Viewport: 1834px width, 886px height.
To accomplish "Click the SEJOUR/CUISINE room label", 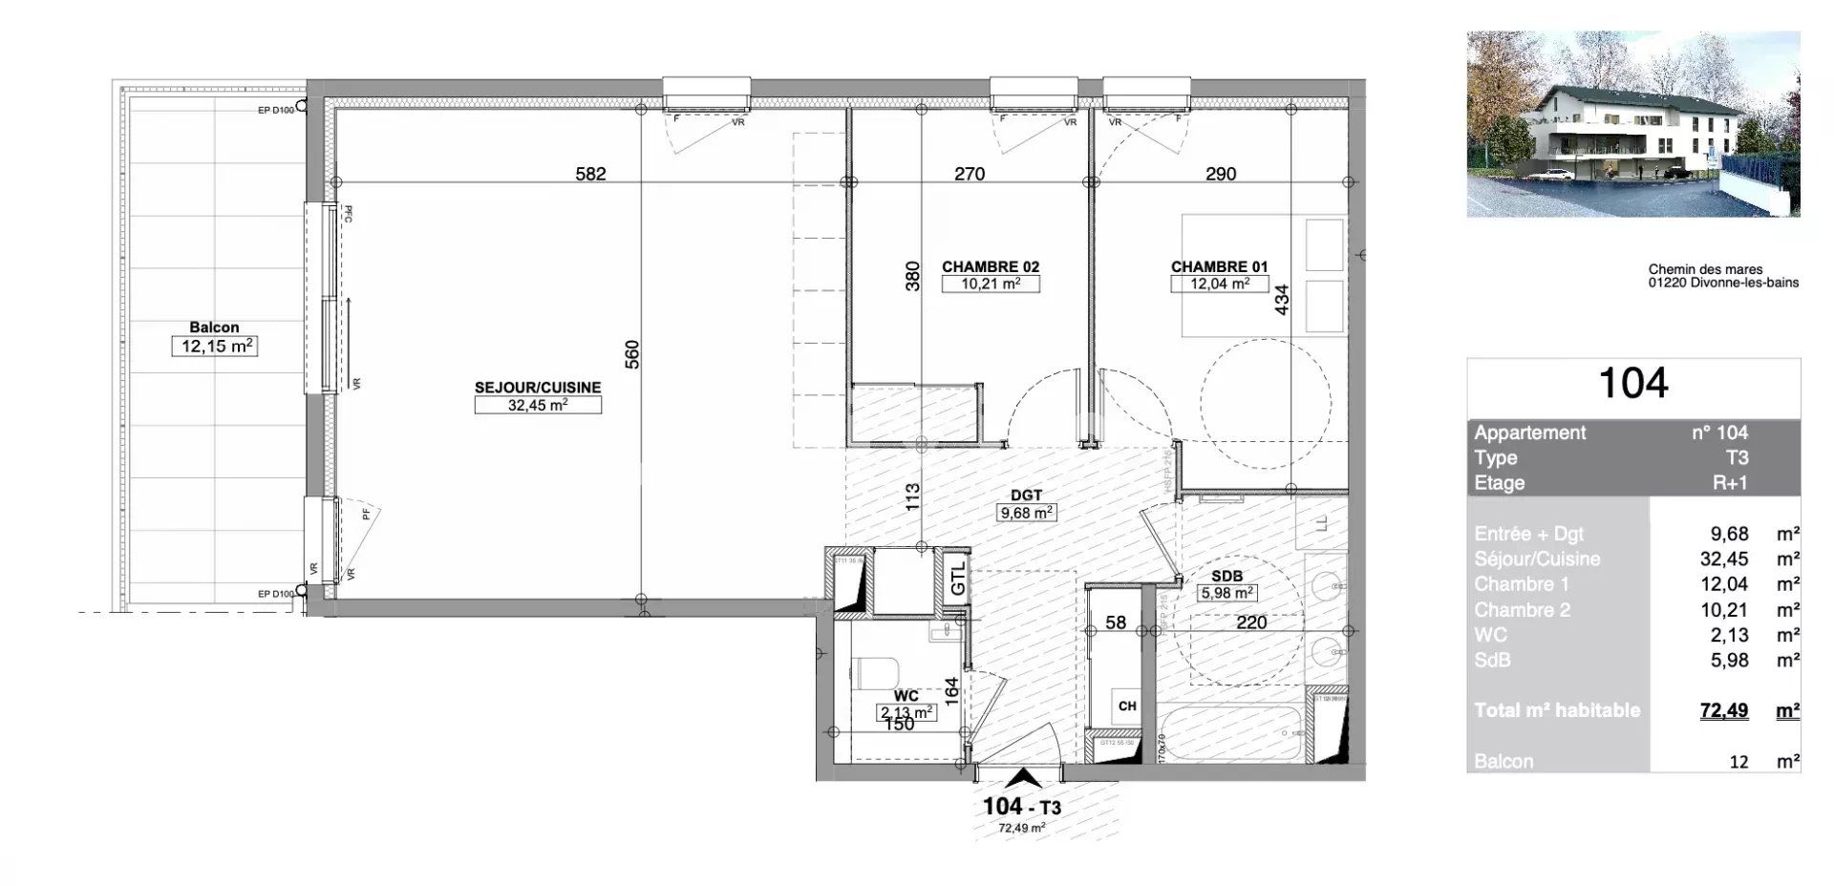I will click(538, 388).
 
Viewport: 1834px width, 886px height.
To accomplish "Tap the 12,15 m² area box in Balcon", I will click(215, 346).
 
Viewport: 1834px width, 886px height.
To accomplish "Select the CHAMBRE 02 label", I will click(991, 267).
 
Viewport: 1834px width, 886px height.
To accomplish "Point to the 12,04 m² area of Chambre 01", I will click(1219, 285).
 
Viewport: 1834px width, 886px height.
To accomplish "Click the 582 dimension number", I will click(590, 174).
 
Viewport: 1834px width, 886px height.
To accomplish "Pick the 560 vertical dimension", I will click(631, 354).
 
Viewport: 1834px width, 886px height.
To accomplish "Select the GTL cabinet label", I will click(958, 580).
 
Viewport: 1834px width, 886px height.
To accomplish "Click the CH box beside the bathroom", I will click(1127, 707).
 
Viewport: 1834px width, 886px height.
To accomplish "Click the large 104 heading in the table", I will click(1633, 384).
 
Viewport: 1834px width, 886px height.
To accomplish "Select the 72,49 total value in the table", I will click(1723, 710).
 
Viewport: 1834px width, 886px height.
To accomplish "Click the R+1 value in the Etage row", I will click(1729, 483).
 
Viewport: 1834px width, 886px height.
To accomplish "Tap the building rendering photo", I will click(1632, 124).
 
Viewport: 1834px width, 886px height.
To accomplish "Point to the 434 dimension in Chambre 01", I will click(1282, 299).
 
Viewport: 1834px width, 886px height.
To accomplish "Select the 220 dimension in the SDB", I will click(1250, 622).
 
